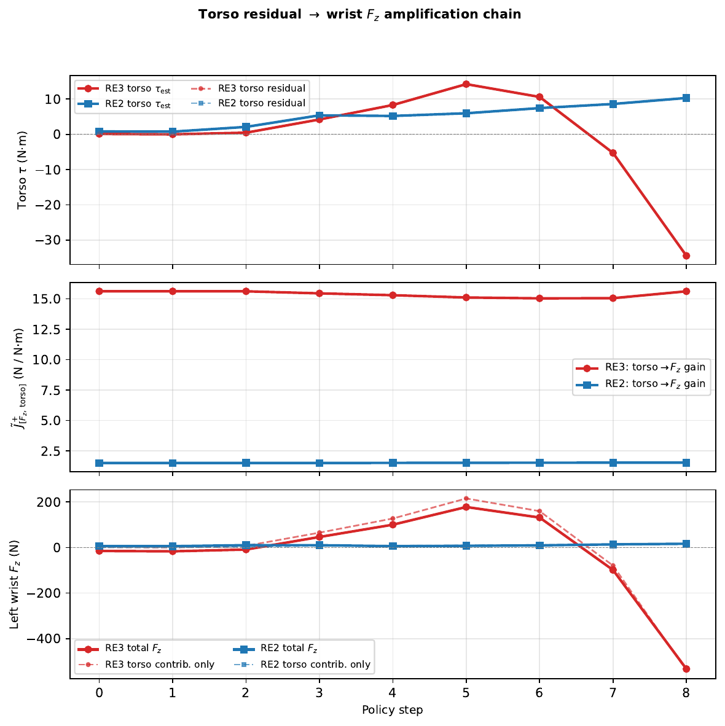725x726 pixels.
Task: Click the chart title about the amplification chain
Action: pyautogui.click(x=359, y=14)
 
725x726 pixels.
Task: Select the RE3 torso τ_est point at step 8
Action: pyautogui.click(x=686, y=256)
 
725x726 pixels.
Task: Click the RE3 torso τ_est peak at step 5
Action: pyautogui.click(x=466, y=84)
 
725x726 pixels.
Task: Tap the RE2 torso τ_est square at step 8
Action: pyautogui.click(x=686, y=98)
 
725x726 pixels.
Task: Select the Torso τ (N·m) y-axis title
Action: pyautogui.click(x=23, y=170)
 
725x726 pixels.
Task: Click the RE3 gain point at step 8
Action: pyautogui.click(x=686, y=291)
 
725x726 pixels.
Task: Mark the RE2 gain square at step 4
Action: pyautogui.click(x=393, y=463)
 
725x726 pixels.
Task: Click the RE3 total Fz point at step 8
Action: pyautogui.click(x=686, y=669)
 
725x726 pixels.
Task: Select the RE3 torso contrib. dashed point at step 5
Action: pyautogui.click(x=466, y=499)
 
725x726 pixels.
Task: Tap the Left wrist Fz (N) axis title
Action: pyautogui.click(x=15, y=584)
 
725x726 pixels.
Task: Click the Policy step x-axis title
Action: pyautogui.click(x=393, y=710)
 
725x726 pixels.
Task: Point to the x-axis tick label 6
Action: pyautogui.click(x=539, y=693)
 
